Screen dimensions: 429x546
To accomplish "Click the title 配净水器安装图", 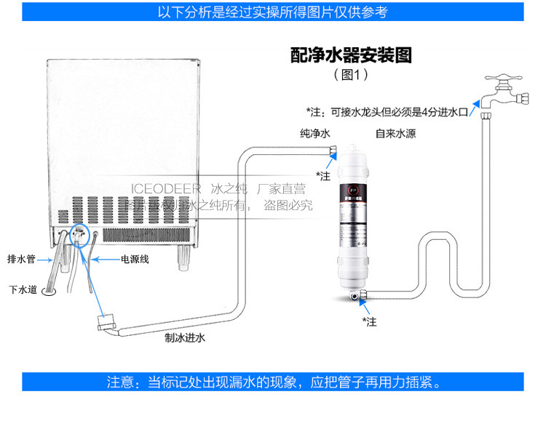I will coord(351,55).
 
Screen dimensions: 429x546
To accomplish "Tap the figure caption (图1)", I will coord(351,74).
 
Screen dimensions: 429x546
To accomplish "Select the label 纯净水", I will coord(314,134).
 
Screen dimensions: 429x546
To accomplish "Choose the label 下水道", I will coord(22,289).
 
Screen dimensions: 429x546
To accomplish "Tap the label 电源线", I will coord(135,260).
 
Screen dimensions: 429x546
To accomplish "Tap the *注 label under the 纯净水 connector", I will coord(323,175).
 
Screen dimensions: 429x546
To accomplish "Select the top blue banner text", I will coord(273,12).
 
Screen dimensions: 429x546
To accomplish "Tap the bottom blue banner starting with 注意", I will coord(273,382).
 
